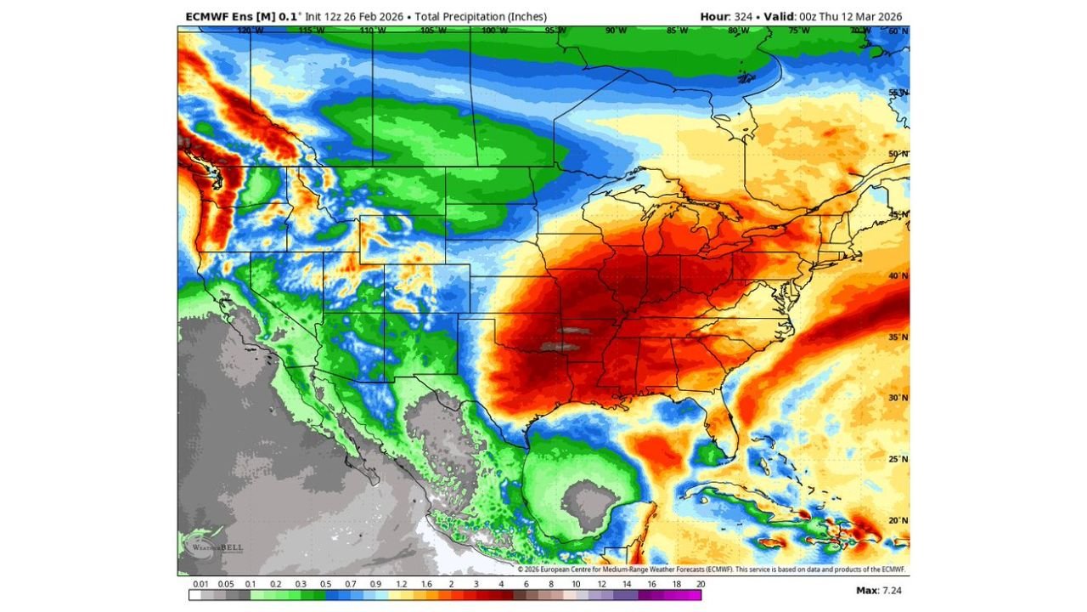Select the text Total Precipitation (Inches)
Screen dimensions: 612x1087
pos(481,16)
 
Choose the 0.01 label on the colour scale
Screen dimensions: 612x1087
pos(201,585)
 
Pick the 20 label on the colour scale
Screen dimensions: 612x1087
pos(701,585)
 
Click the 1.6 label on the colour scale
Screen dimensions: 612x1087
pos(426,585)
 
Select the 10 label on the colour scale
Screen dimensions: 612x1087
pos(576,585)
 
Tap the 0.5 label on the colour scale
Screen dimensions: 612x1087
pos(326,585)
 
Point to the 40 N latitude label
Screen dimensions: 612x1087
pos(898,276)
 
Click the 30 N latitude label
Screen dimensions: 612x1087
pos(898,398)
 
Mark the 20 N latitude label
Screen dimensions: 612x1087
pos(898,520)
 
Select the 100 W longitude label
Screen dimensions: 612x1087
pos(491,31)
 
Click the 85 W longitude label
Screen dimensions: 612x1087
pos(677,31)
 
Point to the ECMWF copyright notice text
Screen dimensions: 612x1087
pos(712,569)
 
